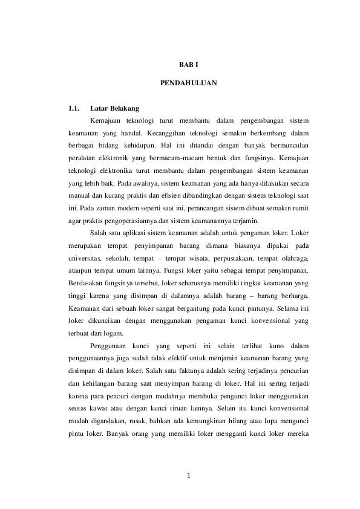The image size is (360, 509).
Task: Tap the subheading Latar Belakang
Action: coord(114,109)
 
